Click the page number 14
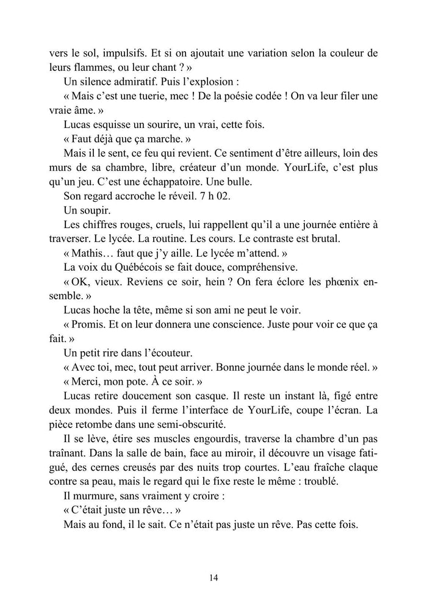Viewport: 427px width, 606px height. pyautogui.click(x=213, y=578)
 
